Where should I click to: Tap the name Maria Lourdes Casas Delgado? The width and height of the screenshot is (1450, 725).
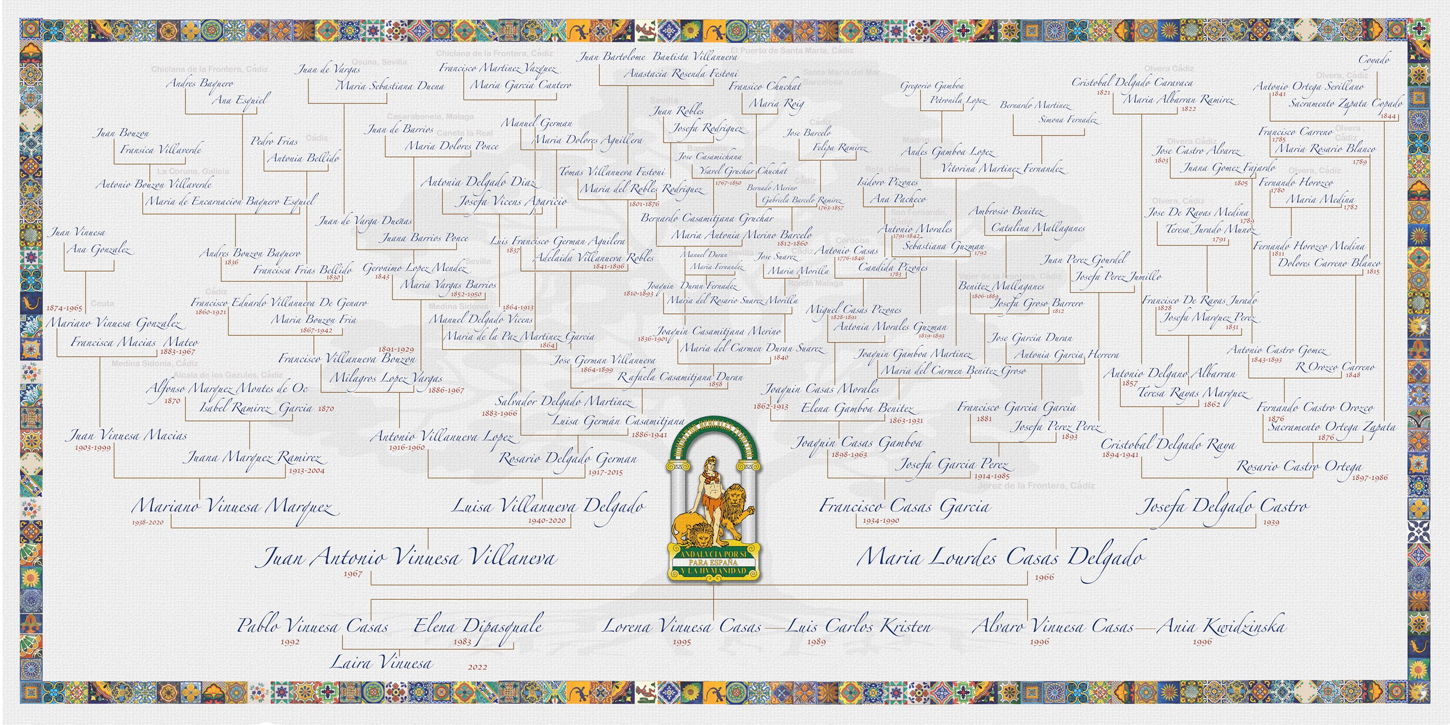[1000, 557]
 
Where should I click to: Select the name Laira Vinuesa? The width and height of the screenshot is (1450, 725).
[381, 662]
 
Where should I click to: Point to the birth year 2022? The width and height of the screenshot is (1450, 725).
[477, 667]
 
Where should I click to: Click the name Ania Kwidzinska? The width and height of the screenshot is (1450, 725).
[1221, 626]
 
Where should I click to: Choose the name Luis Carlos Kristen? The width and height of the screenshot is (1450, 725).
[859, 626]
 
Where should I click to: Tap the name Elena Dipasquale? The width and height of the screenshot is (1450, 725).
[478, 626]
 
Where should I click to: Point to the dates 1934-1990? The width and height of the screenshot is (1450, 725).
[881, 521]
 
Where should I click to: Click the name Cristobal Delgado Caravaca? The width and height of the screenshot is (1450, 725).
[1131, 82]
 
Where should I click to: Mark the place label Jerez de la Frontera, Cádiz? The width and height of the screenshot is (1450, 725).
[1036, 485]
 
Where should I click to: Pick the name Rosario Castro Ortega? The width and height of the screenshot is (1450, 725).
[1299, 466]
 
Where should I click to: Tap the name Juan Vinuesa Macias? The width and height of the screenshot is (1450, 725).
[128, 435]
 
